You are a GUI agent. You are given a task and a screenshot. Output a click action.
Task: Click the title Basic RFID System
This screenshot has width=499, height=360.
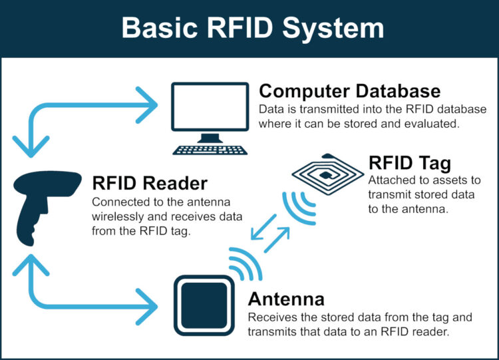(x=249, y=29)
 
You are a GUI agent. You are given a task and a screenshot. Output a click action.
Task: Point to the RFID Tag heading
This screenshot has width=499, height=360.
(x=410, y=162)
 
